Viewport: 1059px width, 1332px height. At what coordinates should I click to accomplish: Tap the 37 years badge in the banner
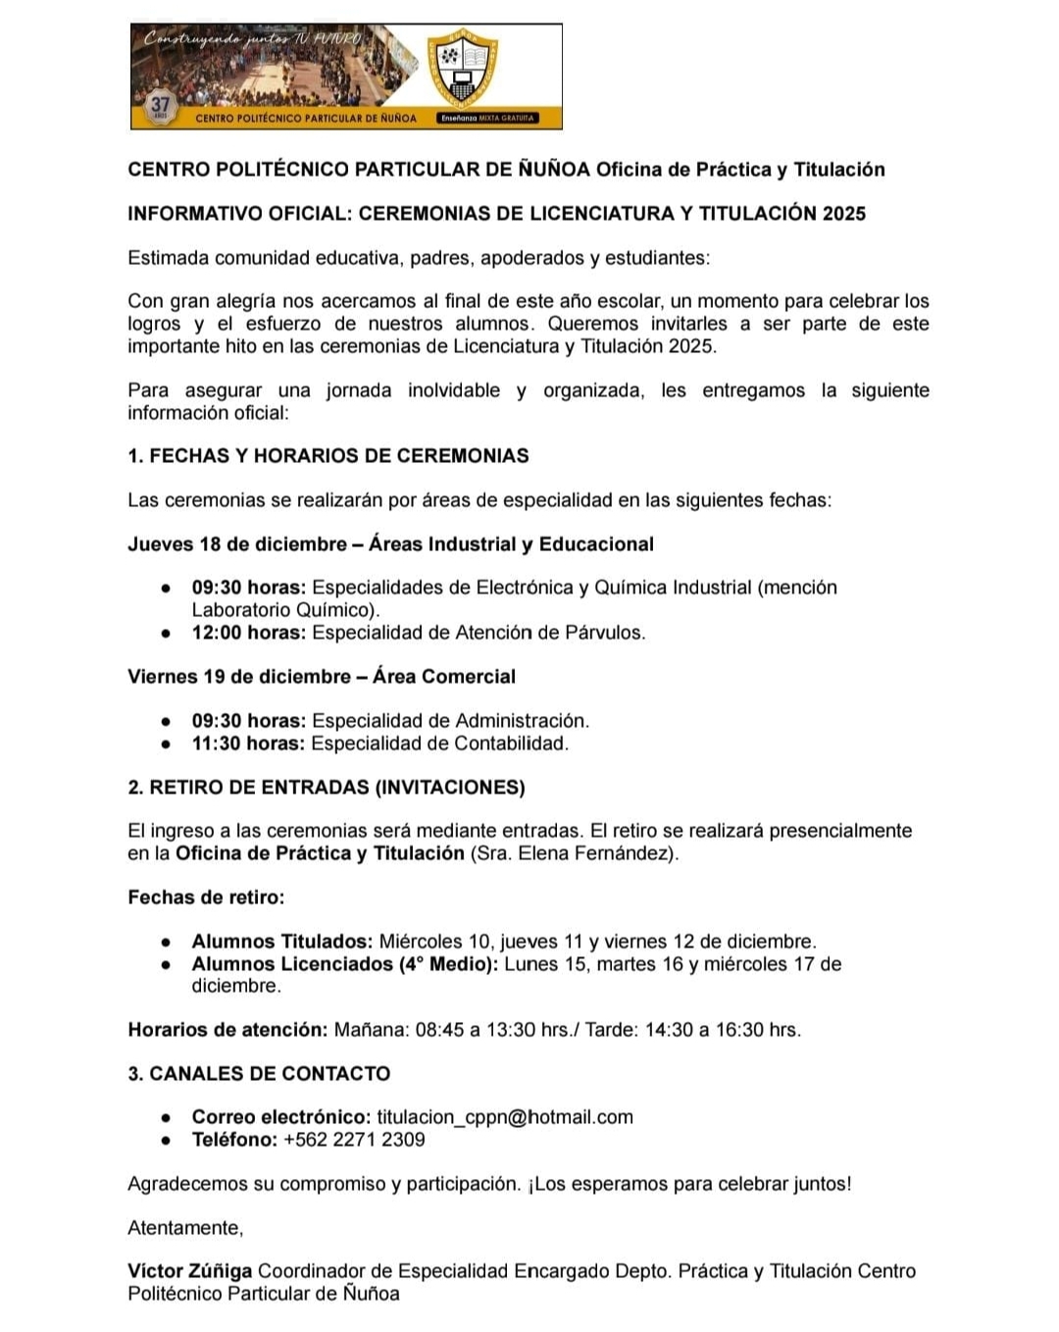[x=160, y=105]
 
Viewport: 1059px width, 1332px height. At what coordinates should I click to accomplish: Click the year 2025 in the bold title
[x=843, y=214]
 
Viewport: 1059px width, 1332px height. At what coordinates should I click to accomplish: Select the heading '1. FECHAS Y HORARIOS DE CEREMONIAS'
[x=328, y=455]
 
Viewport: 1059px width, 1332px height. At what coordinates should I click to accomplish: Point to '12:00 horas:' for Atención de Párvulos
[x=248, y=633]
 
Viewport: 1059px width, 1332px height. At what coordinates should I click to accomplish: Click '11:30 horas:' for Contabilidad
[x=248, y=743]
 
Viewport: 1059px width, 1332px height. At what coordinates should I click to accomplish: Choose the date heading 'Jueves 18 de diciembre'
[x=236, y=544]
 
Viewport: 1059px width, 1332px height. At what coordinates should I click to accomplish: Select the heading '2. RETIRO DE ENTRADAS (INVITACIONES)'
[x=326, y=788]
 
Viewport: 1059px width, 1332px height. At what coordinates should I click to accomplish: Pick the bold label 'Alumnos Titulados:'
[x=281, y=942]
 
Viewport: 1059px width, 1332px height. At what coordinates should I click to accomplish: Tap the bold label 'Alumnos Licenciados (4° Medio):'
[x=346, y=964]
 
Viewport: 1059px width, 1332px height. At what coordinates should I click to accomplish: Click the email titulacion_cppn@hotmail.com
[x=504, y=1117]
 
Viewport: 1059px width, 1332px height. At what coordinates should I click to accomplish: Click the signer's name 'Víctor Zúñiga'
[x=189, y=1271]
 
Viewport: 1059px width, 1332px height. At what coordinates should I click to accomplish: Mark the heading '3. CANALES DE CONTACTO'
[x=259, y=1073]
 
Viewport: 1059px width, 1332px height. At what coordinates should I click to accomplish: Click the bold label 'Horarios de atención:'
[x=227, y=1030]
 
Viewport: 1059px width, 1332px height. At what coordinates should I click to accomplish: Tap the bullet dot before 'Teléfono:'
[x=168, y=1140]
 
